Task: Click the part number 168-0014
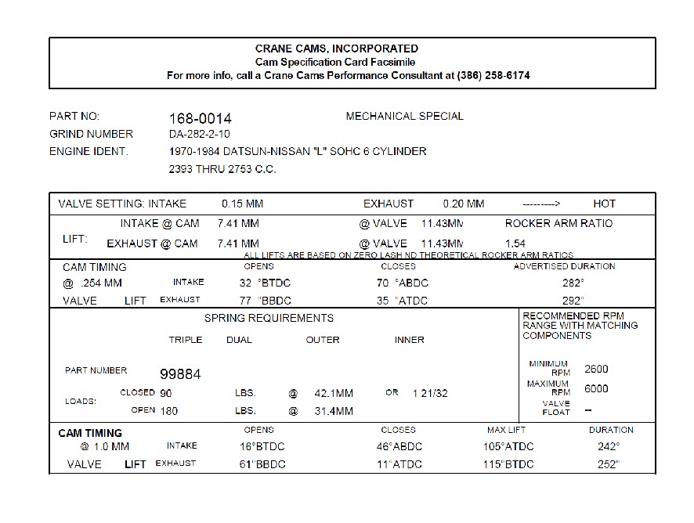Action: pyautogui.click(x=201, y=118)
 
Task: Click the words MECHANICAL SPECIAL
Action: pyautogui.click(x=404, y=116)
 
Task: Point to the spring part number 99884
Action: pyautogui.click(x=180, y=374)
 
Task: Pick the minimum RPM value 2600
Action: pyautogui.click(x=596, y=370)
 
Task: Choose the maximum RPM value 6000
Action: pyautogui.click(x=596, y=389)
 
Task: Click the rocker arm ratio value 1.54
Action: pyautogui.click(x=515, y=243)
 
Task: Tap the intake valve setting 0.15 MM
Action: pyautogui.click(x=242, y=204)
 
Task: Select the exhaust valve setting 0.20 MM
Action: pyautogui.click(x=464, y=204)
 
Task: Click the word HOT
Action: pyautogui.click(x=604, y=204)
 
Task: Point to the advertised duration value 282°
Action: pyautogui.click(x=573, y=283)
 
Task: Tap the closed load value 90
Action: pyautogui.click(x=166, y=392)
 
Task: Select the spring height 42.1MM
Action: pyautogui.click(x=334, y=393)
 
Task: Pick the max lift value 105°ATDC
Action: pyautogui.click(x=508, y=446)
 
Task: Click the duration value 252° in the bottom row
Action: pyautogui.click(x=608, y=464)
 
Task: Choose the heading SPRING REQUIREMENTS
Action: pyautogui.click(x=269, y=318)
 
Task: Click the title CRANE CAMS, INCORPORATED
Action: pyautogui.click(x=337, y=49)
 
